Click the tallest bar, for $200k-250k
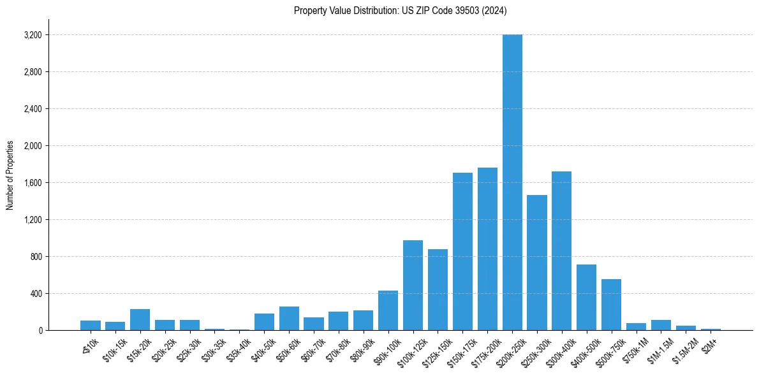tap(512, 182)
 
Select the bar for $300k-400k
tap(561, 251)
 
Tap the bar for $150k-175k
tap(462, 252)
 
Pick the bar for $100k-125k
tap(413, 286)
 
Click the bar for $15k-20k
tap(140, 320)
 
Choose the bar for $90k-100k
tap(388, 310)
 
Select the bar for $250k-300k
tap(537, 263)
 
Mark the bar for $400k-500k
tap(586, 298)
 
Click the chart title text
tap(400, 10)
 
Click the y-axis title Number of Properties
tap(10, 175)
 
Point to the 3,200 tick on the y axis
tap(32, 35)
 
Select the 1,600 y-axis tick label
tap(32, 183)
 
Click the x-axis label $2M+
tap(710, 343)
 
